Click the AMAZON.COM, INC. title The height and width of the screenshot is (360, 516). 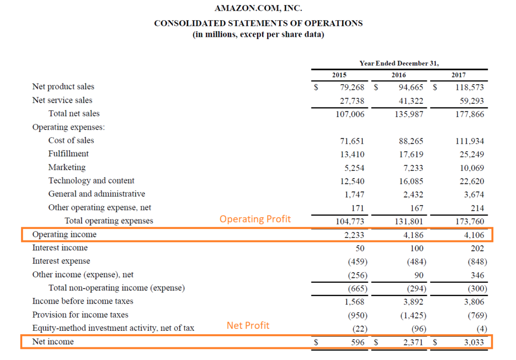pos(258,9)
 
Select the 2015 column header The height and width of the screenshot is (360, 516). pos(339,75)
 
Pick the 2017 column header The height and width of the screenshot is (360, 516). pos(459,75)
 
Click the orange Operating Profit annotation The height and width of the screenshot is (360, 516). pos(255,219)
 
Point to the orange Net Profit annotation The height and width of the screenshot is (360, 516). pos(248,325)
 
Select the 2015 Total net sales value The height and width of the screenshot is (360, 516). pos(350,114)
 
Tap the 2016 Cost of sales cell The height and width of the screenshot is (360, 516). pos(411,141)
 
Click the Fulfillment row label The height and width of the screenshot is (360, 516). pos(69,154)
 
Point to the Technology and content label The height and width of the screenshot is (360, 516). pos(91,181)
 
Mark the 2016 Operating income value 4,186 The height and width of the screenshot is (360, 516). pos(412,235)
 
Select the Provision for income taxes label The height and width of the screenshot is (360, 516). pos(80,315)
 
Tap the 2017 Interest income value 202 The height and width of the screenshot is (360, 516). pos(476,248)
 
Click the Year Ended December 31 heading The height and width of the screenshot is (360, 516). pos(399,63)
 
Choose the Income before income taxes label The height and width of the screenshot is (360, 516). pos(83,302)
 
